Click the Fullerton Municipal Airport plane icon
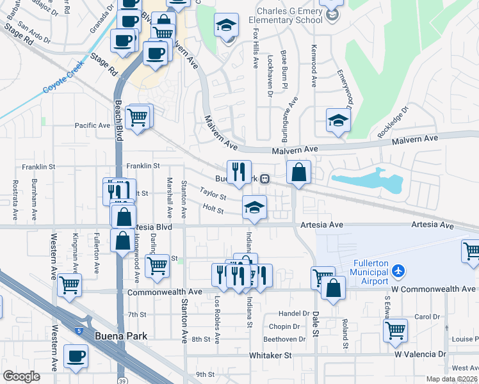click(398, 271)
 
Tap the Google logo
click(22, 376)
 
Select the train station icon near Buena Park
click(264, 179)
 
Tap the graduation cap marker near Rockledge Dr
click(337, 120)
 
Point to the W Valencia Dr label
click(419, 354)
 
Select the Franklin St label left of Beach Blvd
click(38, 166)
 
